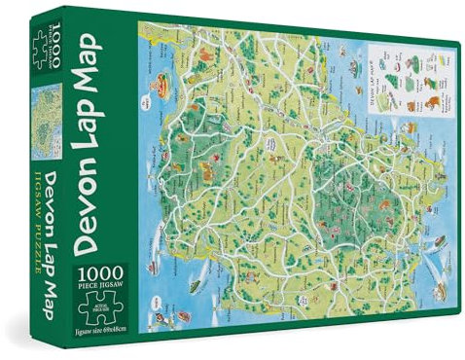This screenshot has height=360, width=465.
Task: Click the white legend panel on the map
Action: coord(395,92)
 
